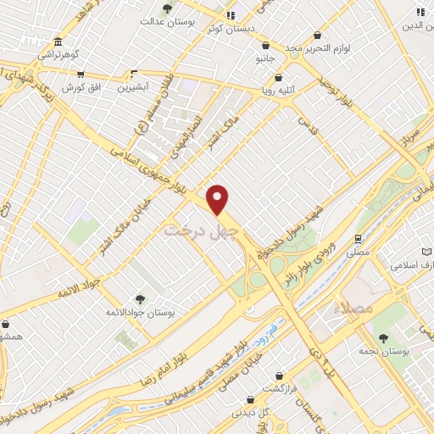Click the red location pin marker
218,199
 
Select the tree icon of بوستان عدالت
168,8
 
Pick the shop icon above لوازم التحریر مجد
317,36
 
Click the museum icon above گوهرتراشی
57,42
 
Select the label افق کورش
82,87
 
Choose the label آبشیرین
133,86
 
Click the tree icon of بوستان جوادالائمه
140,299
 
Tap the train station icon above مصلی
358,238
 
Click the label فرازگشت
279,387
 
